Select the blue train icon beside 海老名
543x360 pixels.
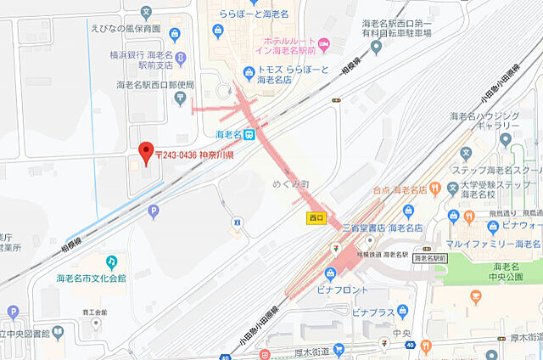(249, 134)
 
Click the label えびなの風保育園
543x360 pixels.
(125, 28)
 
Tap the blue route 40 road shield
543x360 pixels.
(410, 345)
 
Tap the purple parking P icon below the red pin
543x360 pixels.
(153, 211)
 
